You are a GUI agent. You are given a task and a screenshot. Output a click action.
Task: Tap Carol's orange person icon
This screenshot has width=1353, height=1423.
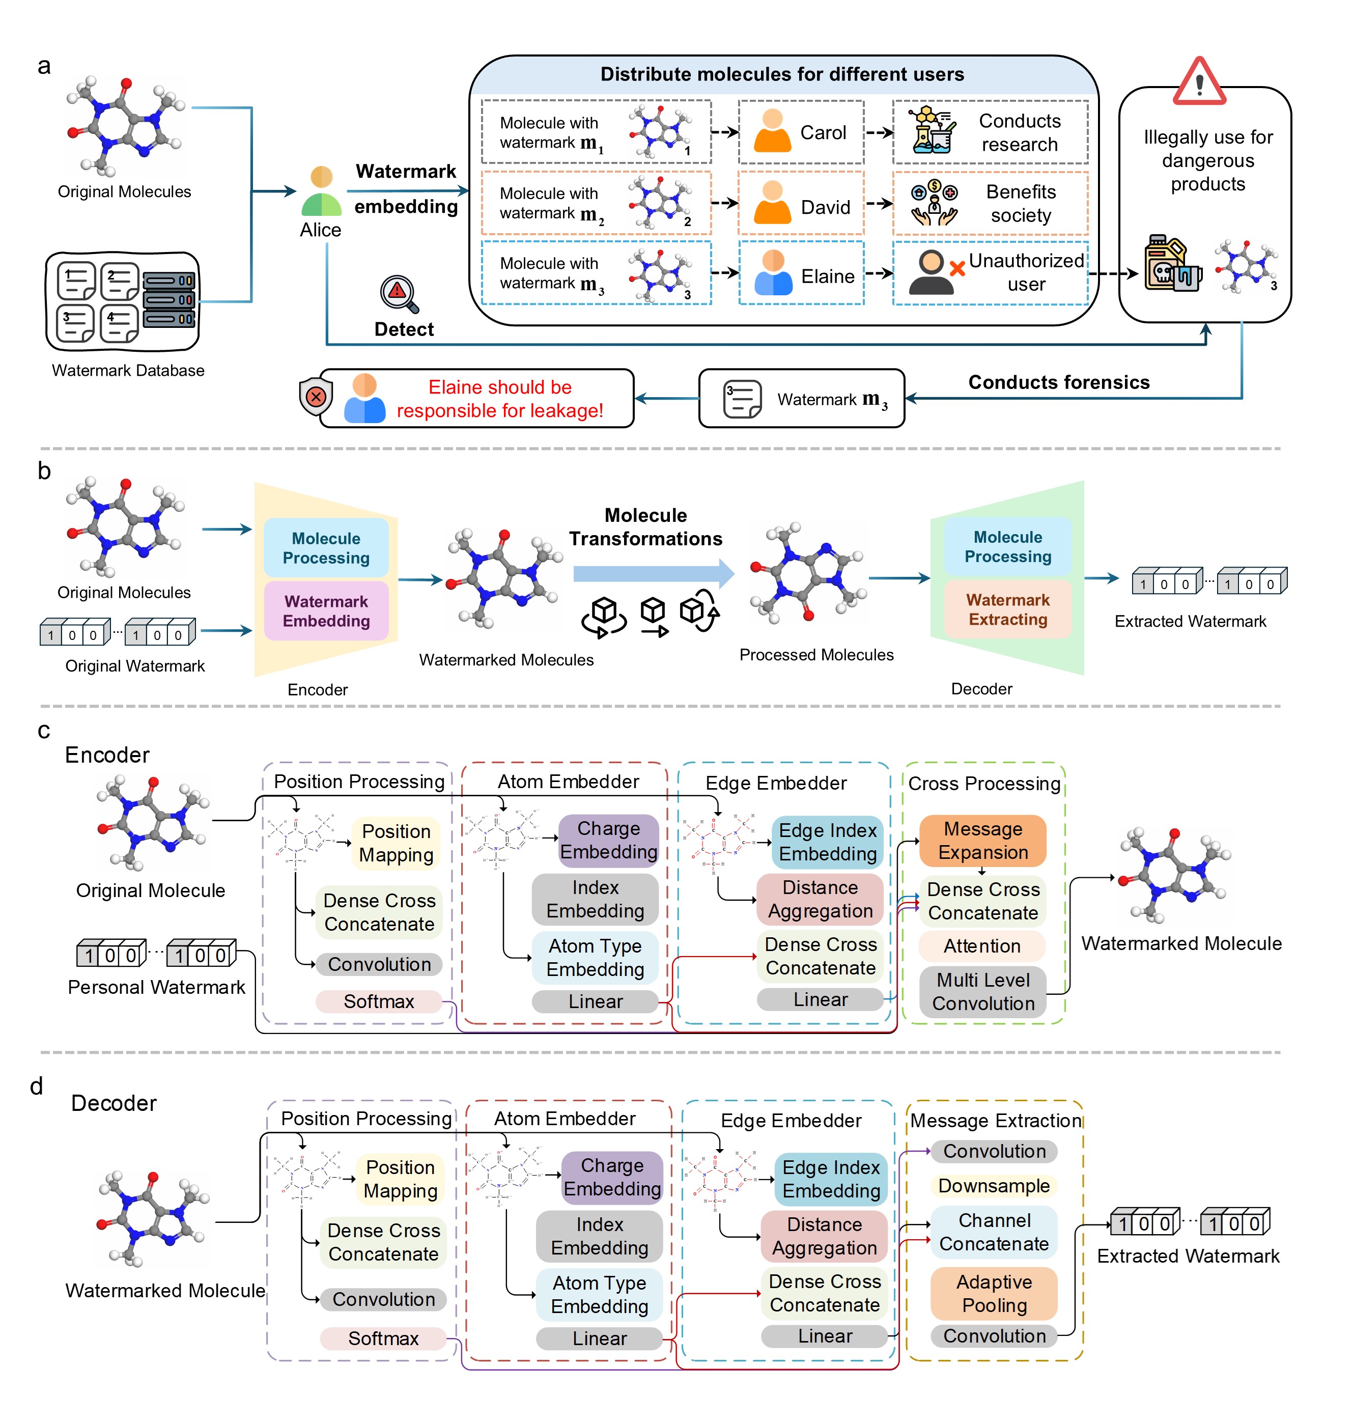click(x=772, y=131)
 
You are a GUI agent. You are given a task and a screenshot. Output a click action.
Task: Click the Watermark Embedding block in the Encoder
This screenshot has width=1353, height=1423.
click(x=326, y=611)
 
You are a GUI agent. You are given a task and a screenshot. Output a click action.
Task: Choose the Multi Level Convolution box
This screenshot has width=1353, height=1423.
click(x=982, y=992)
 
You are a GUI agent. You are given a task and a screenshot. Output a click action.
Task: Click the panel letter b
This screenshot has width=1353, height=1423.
click(x=44, y=471)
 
